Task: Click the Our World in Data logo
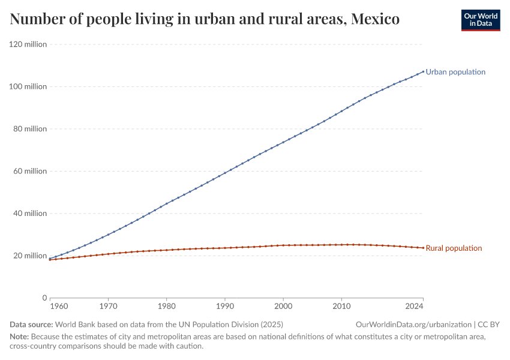pos(480,20)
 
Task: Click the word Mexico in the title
pos(375,20)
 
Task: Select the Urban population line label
pos(455,72)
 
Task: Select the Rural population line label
pos(454,248)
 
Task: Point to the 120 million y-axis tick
pos(28,44)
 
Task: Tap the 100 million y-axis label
pos(28,86)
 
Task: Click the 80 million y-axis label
pos(30,129)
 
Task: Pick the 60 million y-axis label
pos(30,171)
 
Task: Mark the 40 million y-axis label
pos(30,213)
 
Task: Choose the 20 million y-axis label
pos(30,256)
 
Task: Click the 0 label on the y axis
pos(44,298)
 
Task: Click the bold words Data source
pos(31,325)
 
